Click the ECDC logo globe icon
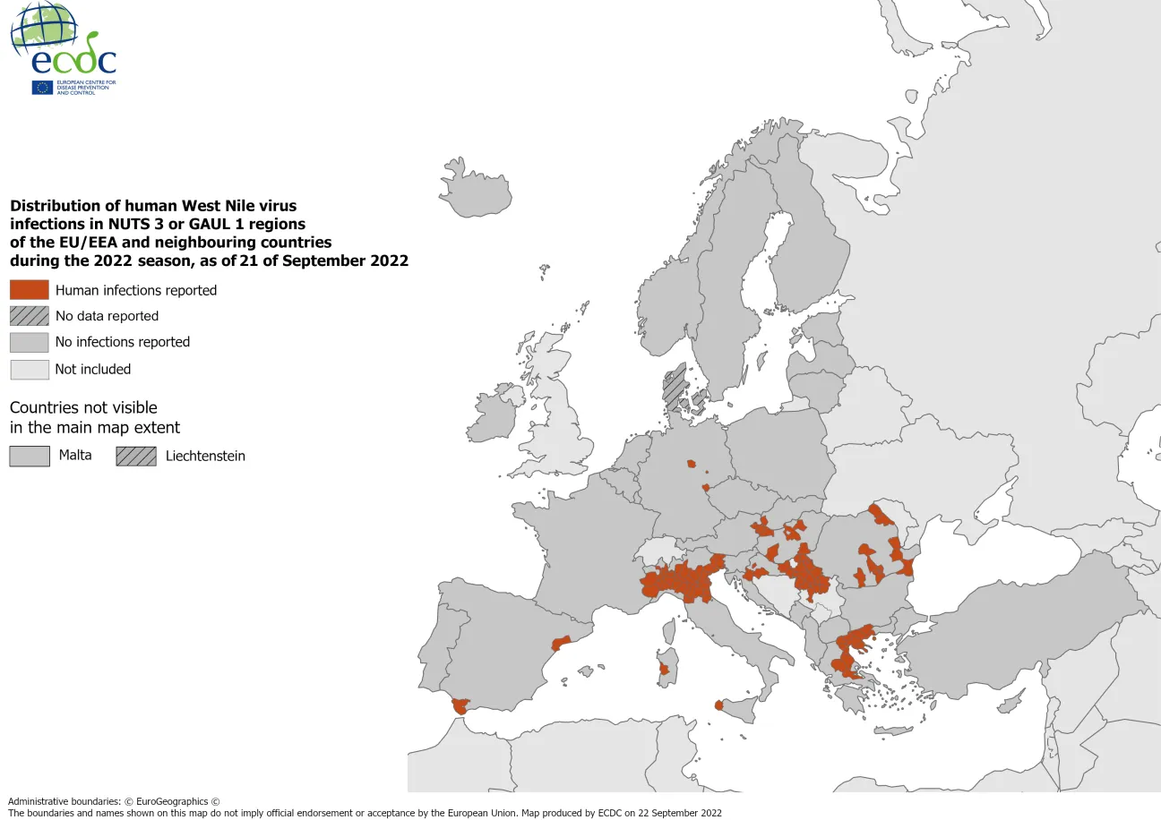(x=44, y=27)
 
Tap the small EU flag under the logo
(x=42, y=87)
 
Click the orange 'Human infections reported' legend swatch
(x=29, y=290)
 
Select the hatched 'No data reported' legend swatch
(x=29, y=316)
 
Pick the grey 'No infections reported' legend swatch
(x=29, y=342)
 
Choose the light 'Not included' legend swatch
(x=29, y=369)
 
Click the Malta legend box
(x=29, y=456)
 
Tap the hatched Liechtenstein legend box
(x=135, y=456)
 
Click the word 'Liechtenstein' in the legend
(x=205, y=456)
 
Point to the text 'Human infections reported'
(x=136, y=290)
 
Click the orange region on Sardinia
(x=664, y=669)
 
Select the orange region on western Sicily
(x=718, y=705)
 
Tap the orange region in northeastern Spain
(x=561, y=643)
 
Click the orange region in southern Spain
(x=460, y=705)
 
